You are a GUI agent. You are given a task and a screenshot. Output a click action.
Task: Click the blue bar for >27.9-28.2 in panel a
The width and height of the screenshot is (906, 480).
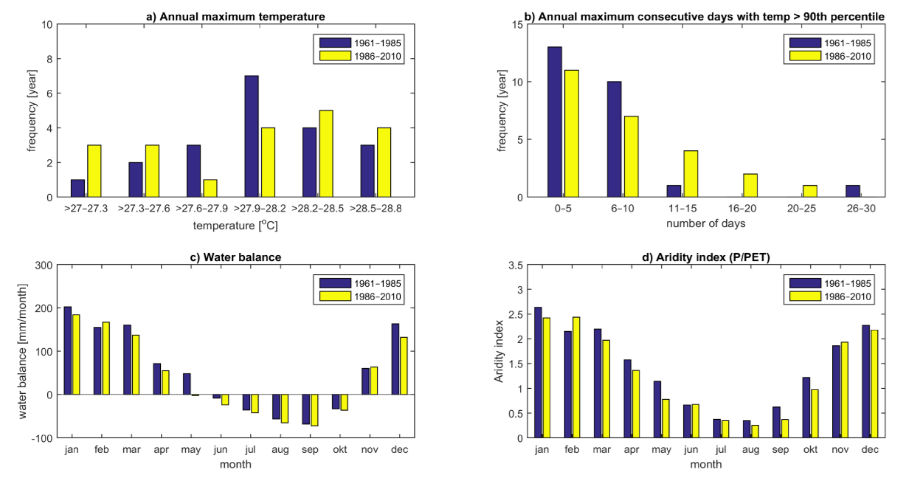click(x=252, y=136)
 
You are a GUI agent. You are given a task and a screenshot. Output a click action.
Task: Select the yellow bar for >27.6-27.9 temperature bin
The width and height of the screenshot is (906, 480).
click(x=210, y=188)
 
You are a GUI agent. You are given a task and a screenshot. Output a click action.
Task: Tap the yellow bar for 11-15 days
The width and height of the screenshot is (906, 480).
click(x=691, y=174)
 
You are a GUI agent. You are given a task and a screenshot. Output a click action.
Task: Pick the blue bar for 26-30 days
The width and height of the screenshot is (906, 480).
click(x=853, y=191)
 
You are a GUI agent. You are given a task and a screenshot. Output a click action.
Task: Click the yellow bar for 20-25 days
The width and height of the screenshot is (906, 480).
click(x=810, y=191)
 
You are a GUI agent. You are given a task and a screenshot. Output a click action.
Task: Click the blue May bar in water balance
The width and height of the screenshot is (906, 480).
click(x=187, y=384)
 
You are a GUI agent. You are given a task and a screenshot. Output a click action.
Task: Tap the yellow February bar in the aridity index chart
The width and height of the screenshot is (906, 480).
click(x=576, y=377)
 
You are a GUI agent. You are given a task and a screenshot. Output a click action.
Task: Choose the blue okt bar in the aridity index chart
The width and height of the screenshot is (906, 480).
click(x=806, y=407)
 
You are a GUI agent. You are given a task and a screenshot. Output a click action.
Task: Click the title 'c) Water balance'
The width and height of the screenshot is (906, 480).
click(x=235, y=257)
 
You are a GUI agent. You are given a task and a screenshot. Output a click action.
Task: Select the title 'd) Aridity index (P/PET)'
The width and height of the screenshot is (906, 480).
click(x=706, y=257)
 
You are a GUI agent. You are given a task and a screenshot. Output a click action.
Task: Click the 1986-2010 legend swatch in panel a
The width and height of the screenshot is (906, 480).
click(x=335, y=56)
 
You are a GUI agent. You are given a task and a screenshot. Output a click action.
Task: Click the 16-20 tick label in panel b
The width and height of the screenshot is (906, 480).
click(x=742, y=209)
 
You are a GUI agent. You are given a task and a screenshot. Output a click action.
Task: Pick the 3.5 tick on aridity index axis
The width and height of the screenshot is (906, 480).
click(x=516, y=265)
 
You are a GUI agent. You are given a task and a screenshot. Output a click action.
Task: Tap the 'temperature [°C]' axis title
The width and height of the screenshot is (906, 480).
click(x=235, y=225)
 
